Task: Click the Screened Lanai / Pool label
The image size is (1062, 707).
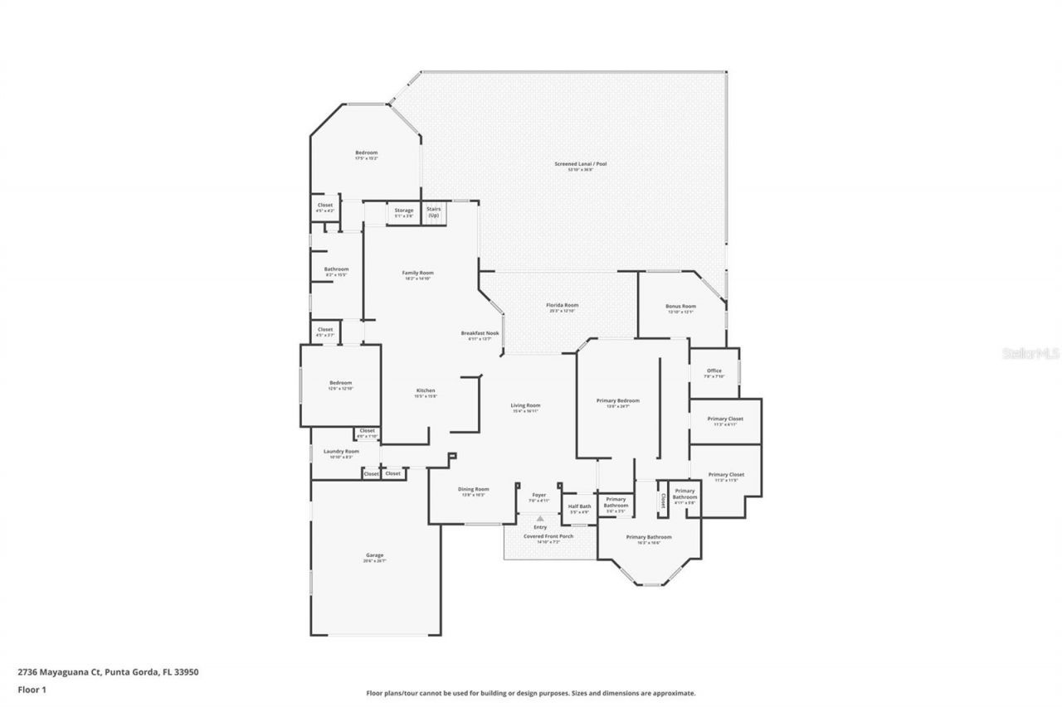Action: [581, 164]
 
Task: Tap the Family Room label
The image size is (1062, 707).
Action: [418, 273]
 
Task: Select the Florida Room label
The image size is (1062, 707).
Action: [562, 305]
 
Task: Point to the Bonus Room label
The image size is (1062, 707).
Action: [680, 306]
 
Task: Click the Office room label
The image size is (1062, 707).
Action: [714, 370]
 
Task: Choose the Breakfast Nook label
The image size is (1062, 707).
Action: [476, 333]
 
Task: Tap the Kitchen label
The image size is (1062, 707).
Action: [426, 390]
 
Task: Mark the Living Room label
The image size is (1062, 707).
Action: [526, 405]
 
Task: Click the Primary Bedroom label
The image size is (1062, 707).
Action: [618, 400]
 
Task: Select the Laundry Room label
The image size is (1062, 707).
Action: [341, 452]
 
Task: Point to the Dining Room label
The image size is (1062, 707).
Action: [474, 489]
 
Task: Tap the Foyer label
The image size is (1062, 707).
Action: [539, 495]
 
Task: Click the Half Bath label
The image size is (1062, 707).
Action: [579, 506]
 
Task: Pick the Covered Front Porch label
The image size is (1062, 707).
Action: [548, 536]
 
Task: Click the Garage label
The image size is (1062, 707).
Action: [375, 555]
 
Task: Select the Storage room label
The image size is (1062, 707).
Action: [404, 211]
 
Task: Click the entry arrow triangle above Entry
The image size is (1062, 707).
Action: [540, 519]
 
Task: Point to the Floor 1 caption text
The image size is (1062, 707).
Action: [32, 689]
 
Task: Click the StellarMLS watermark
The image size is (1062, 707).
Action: [1031, 353]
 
